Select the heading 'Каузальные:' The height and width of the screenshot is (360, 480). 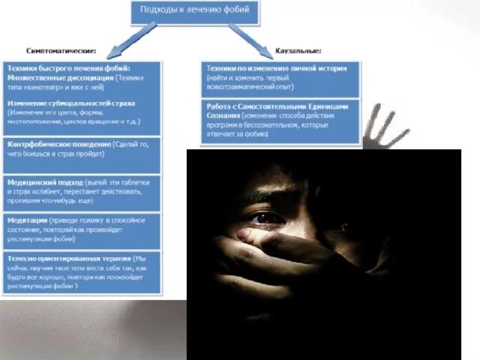click(x=298, y=51)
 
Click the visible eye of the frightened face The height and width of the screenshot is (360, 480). click(x=264, y=217)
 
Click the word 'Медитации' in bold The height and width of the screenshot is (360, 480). click(x=26, y=221)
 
